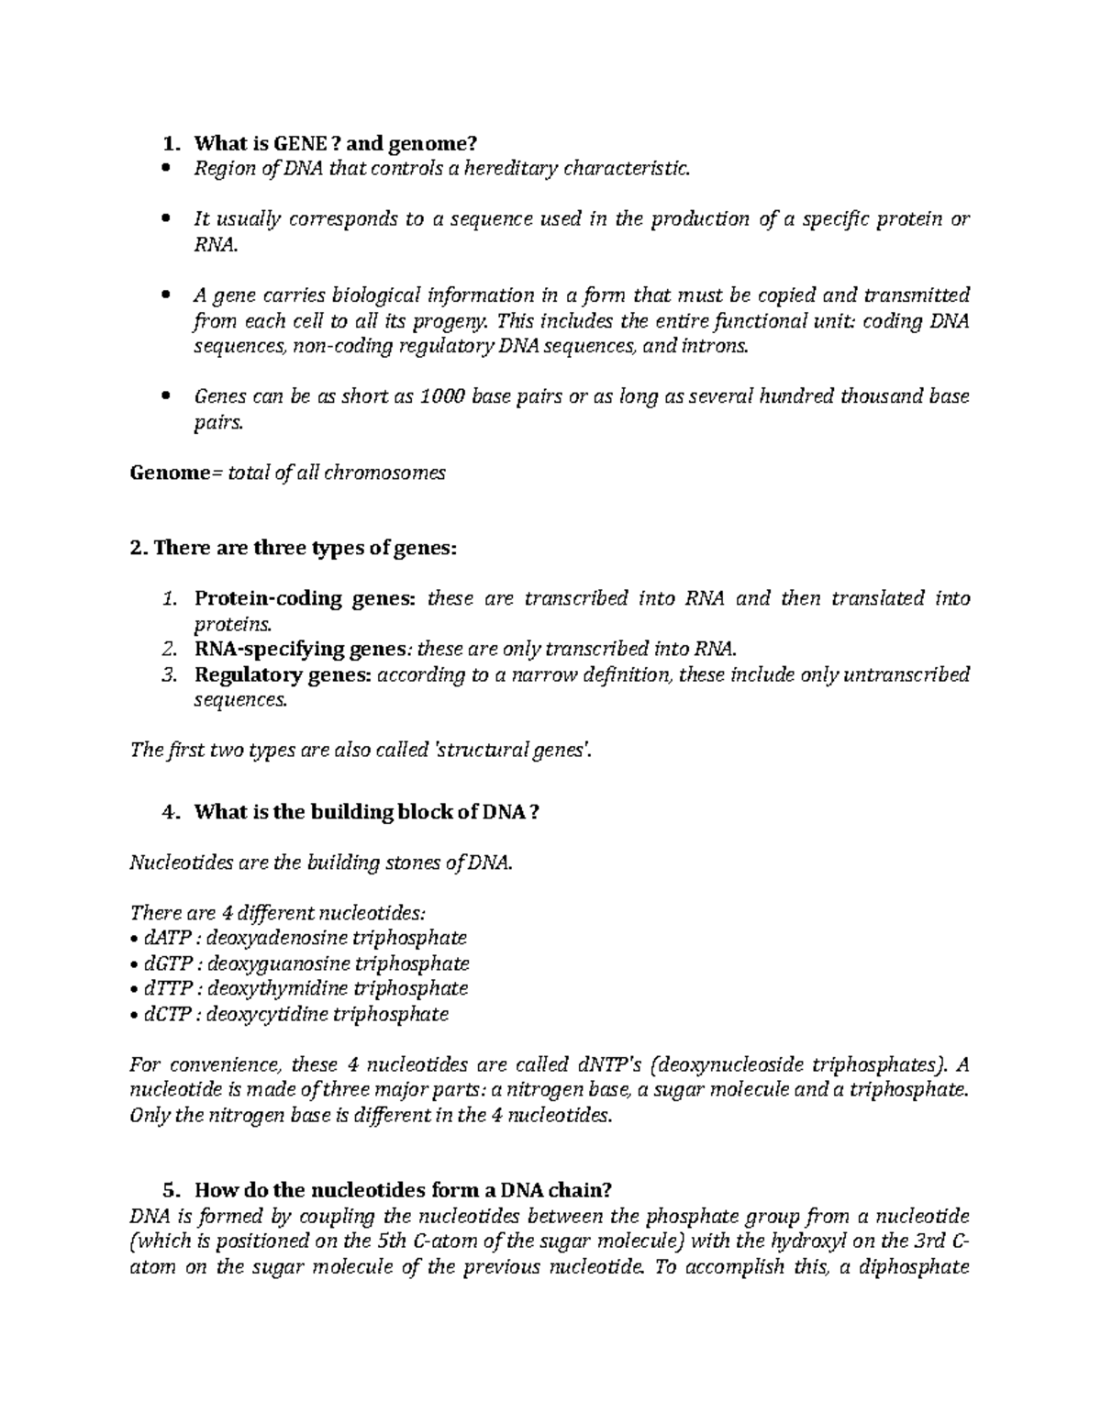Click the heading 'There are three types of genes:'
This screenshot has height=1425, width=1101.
click(x=294, y=549)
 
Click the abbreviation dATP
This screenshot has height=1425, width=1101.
click(x=168, y=938)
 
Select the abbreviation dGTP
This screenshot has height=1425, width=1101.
click(x=169, y=963)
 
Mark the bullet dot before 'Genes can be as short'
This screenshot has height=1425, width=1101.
click(x=166, y=397)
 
